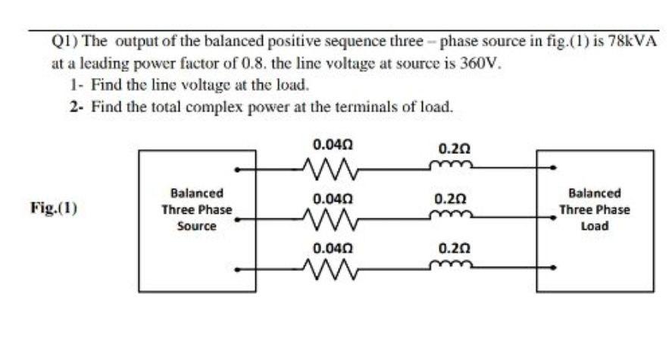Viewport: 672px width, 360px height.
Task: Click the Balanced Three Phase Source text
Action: [196, 210]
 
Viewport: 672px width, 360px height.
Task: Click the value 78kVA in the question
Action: [631, 41]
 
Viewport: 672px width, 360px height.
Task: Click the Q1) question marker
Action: [64, 41]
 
